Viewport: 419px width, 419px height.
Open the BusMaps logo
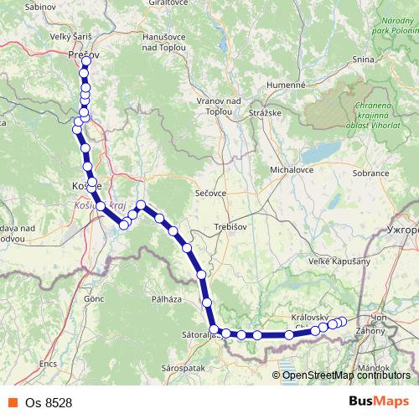(x=380, y=401)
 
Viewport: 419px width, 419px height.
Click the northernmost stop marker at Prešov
(x=86, y=62)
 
